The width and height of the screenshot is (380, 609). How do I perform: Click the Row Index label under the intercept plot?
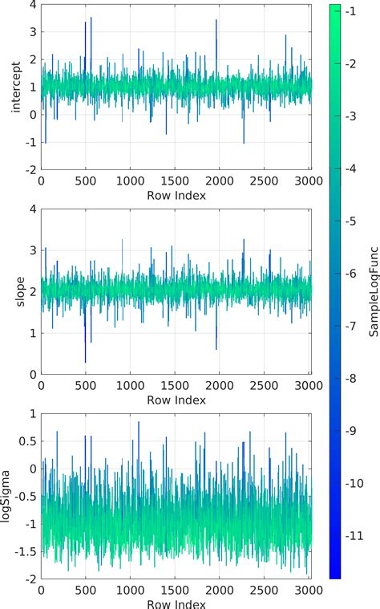[176, 195]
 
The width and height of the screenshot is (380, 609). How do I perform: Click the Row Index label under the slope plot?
[176, 399]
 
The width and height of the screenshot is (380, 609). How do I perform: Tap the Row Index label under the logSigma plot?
[176, 603]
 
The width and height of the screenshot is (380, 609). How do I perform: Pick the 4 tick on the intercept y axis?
[31, 5]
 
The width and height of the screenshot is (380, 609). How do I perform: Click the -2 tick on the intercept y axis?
[29, 170]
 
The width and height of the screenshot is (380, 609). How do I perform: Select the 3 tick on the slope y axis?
[31, 250]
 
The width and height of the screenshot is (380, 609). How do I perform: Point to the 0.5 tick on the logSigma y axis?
[26, 441]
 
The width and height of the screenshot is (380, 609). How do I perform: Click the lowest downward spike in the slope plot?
[85, 362]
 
